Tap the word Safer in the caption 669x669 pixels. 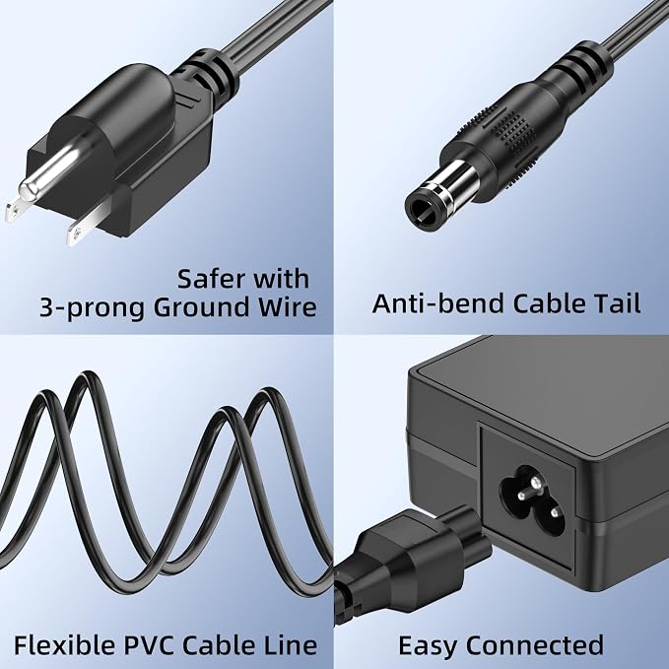209,279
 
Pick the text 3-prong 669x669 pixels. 92,309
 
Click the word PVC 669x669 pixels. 150,644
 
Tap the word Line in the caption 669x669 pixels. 290,644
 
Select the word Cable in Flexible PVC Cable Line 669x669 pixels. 220,644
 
